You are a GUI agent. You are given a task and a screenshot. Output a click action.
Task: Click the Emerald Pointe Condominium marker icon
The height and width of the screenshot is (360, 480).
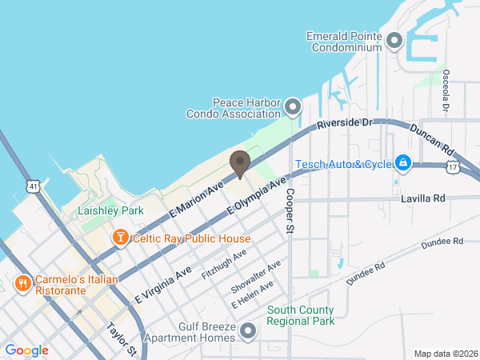pos(394,41)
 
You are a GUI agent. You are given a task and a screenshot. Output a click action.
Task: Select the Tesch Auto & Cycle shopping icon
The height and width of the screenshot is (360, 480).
pos(403,164)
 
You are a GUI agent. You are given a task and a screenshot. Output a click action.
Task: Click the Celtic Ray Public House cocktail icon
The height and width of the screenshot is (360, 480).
pos(120,238)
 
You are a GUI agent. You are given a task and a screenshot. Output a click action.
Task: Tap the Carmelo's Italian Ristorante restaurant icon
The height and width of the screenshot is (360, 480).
pos(22,283)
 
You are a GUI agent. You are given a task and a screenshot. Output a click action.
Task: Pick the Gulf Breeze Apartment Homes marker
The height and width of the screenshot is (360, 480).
pos(249,330)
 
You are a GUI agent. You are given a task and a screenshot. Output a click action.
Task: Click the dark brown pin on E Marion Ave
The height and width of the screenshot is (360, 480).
pos(239,164)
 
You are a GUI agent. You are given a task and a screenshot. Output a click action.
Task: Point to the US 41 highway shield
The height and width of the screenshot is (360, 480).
pos(33,186)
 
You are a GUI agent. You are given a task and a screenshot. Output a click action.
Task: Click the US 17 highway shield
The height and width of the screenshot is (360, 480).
pos(454,167)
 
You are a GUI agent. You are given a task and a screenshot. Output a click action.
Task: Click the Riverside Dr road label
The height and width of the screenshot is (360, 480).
pos(345,124)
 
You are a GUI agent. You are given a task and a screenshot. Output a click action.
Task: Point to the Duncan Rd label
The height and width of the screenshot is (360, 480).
pos(432,139)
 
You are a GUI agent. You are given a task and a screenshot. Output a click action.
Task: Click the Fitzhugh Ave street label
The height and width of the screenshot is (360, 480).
pos(224,263)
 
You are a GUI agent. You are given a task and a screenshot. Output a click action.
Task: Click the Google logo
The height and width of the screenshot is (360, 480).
pos(26,350)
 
